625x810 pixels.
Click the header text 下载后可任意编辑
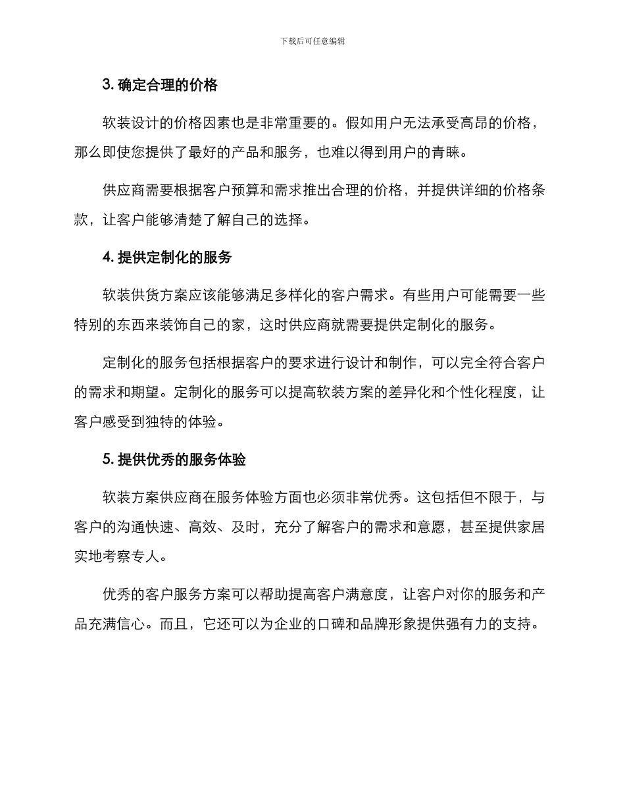tap(312, 41)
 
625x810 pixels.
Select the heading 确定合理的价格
tap(167, 85)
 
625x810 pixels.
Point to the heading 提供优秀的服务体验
tap(182, 460)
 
